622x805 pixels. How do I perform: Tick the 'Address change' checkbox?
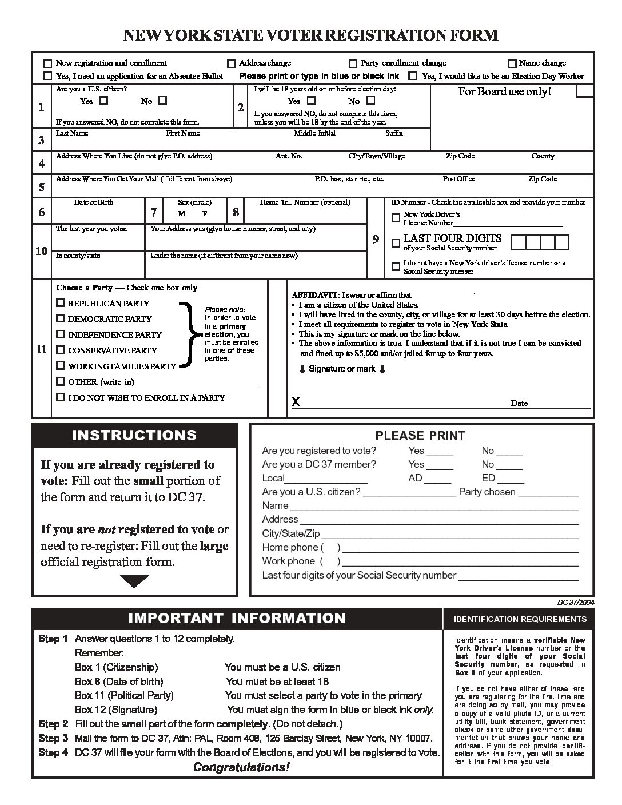coord(232,63)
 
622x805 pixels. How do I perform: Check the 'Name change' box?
coord(512,63)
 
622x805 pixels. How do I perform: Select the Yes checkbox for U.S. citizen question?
coord(103,101)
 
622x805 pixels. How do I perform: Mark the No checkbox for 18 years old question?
coord(370,101)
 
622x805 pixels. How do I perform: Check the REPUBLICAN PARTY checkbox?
coord(61,303)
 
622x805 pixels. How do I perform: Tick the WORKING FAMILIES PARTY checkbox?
coord(61,366)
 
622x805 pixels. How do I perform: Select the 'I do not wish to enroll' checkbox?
coord(61,397)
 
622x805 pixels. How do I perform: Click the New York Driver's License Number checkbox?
coord(396,218)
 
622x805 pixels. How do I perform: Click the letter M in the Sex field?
coord(181,214)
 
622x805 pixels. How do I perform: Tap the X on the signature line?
coord(296,402)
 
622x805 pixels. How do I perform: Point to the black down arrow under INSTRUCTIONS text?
coord(135,581)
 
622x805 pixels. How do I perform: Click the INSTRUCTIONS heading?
coord(134,435)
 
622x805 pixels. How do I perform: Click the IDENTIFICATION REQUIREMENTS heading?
coord(520,619)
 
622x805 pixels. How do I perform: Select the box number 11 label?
coord(41,349)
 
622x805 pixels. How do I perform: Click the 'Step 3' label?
coord(53,738)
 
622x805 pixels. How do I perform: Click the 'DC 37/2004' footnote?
coord(575,602)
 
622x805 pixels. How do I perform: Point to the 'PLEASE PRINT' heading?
coord(420,436)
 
